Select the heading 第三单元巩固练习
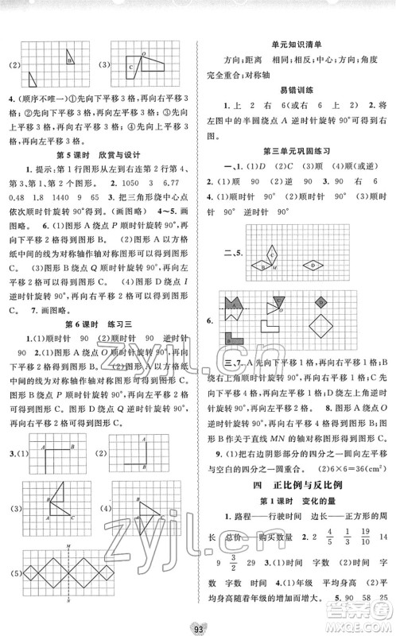pyautogui.click(x=296, y=149)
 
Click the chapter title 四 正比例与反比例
pyautogui.click(x=296, y=484)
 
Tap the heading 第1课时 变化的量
pyautogui.click(x=296, y=502)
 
